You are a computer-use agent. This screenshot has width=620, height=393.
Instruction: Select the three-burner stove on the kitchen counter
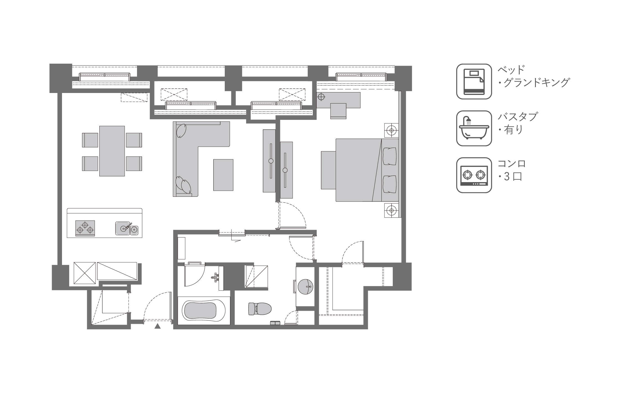pyautogui.click(x=85, y=228)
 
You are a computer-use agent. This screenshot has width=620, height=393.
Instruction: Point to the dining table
pyautogui.click(x=112, y=151)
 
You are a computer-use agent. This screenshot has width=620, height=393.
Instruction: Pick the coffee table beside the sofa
pyautogui.click(x=223, y=175)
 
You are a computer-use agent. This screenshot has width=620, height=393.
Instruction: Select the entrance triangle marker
pyautogui.click(x=157, y=326)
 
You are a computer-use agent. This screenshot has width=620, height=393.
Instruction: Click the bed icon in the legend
pyautogui.click(x=474, y=81)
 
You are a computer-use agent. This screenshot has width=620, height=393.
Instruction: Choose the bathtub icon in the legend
pyautogui.click(x=474, y=128)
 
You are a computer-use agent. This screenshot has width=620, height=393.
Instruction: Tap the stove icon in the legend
pyautogui.click(x=474, y=175)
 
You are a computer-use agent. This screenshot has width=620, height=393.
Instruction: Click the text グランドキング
pyautogui.click(x=536, y=82)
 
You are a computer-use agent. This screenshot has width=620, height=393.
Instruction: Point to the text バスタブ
pyautogui.click(x=518, y=117)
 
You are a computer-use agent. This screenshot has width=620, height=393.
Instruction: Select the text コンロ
pyautogui.click(x=512, y=164)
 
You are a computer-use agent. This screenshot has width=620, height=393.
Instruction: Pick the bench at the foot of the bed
pyautogui.click(x=329, y=170)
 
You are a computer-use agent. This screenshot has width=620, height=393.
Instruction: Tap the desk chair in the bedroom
pyautogui.click(x=338, y=111)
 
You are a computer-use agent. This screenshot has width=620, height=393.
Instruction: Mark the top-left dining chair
pyautogui.click(x=90, y=140)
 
